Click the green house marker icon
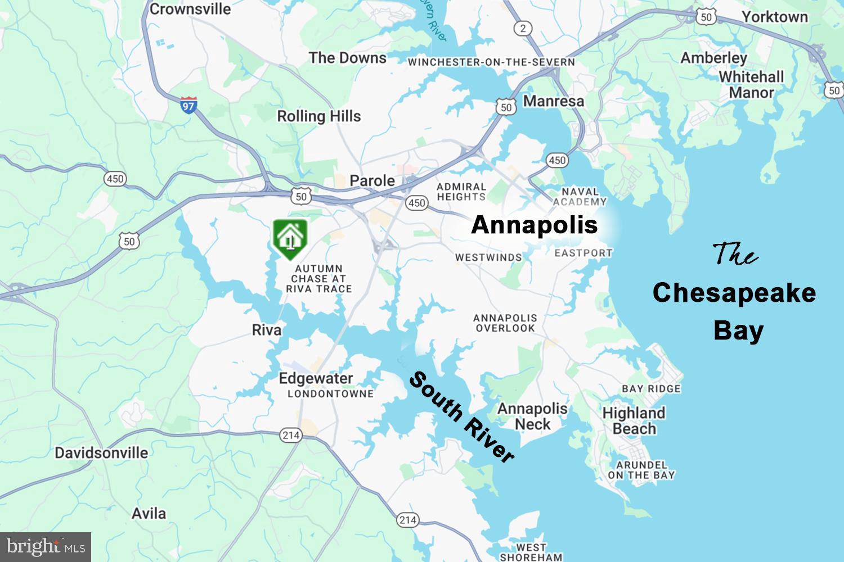[290, 239]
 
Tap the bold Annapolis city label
[534, 225]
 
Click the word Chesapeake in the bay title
[734, 293]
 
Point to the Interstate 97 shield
[188, 105]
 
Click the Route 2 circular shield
[523, 28]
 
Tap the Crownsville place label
[190, 9]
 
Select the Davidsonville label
[101, 452]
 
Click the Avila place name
[149, 513]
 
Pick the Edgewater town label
[316, 378]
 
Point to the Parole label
[372, 180]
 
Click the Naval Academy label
[580, 197]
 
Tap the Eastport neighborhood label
[583, 253]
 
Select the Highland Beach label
[634, 420]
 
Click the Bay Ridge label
[651, 388]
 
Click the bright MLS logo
[46, 547]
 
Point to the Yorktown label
[774, 17]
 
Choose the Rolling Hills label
[318, 116]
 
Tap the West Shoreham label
[531, 552]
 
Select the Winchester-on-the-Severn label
[491, 62]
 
